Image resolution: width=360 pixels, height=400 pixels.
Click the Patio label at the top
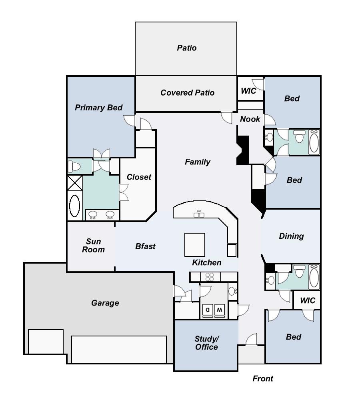[187, 48]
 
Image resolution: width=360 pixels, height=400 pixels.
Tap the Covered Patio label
[188, 93]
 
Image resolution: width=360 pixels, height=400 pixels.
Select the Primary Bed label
[99, 108]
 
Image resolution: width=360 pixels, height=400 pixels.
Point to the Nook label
[250, 119]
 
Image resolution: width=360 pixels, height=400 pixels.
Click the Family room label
[198, 162]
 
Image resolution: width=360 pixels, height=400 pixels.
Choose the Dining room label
[291, 236]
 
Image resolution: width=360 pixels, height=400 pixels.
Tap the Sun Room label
[93, 246]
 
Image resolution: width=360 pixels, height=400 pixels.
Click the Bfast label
[146, 246]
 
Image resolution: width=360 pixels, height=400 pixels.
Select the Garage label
[105, 303]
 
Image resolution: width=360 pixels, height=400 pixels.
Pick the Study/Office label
[206, 343]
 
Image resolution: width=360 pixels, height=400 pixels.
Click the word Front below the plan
[263, 378]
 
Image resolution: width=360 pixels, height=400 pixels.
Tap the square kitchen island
[195, 245]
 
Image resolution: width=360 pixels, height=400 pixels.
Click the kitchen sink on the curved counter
[199, 214]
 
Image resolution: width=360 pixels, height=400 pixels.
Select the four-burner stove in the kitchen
[210, 277]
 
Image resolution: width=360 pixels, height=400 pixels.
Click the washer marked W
[220, 310]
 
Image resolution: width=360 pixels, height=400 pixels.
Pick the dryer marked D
[208, 310]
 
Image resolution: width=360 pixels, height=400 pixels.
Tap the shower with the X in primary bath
[75, 183]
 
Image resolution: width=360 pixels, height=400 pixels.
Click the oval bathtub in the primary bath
[74, 206]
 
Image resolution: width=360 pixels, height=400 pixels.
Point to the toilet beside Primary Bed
[74, 167]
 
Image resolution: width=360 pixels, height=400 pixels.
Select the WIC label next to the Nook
[248, 91]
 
